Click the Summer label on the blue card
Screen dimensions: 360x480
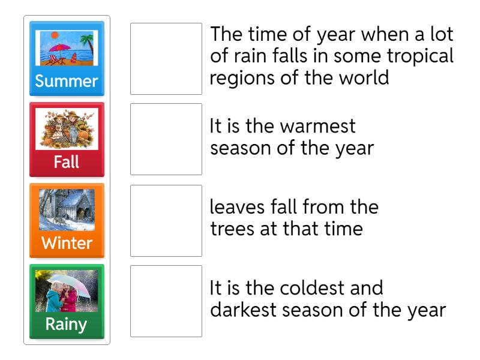point(67,81)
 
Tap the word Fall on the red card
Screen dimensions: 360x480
point(67,162)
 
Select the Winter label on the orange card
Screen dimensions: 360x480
point(67,243)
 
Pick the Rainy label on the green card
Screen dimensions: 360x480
point(67,325)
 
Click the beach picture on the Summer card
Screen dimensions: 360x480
point(67,48)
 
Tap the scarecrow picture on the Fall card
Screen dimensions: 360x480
point(67,128)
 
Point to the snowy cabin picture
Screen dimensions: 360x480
point(67,210)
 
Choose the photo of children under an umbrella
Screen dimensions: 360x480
point(67,291)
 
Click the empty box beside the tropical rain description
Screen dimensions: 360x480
point(166,59)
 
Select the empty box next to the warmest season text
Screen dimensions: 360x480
point(166,139)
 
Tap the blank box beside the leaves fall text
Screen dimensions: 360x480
point(166,220)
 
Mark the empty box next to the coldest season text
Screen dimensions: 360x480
point(166,301)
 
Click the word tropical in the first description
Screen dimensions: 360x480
point(418,56)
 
